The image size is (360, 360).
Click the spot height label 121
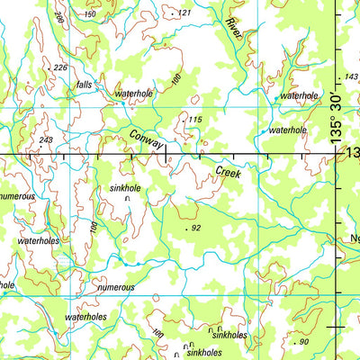pos(184,13)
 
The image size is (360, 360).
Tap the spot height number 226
pos(60,67)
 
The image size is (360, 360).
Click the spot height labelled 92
pos(196,229)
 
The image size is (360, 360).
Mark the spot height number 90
pos(303,342)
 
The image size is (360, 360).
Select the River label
pos(236,29)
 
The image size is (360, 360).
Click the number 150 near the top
pos(113,14)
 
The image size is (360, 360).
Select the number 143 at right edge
pos(351,77)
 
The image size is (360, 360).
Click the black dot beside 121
pos(173,14)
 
